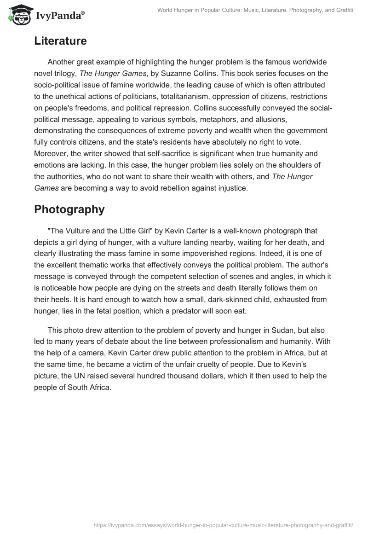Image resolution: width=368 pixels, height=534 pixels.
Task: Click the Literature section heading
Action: tap(60, 41)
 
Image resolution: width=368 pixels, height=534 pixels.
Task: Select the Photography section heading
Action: tap(69, 209)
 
